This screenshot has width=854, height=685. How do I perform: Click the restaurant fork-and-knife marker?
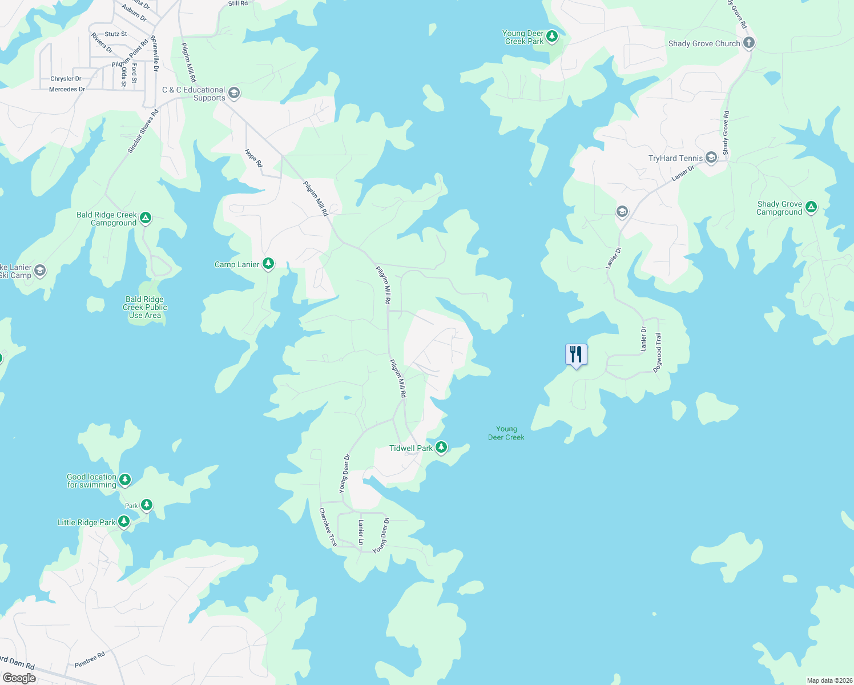(576, 354)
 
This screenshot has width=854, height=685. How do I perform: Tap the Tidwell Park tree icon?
(441, 448)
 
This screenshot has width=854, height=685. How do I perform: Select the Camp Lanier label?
(236, 264)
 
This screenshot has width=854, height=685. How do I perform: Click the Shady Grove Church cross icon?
(749, 43)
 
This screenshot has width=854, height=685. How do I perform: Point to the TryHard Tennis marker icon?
(711, 158)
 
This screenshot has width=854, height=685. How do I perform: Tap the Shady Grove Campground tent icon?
(811, 207)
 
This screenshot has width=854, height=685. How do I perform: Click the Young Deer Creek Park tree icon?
(551, 37)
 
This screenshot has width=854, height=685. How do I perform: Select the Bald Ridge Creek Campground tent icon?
(146, 217)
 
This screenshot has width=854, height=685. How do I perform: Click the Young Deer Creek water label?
(506, 433)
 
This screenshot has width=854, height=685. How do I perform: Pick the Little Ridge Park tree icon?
(123, 522)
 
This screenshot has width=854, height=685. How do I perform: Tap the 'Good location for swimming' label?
(91, 481)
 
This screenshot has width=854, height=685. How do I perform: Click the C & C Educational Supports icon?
(233, 93)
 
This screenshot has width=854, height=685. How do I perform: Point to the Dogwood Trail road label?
(658, 352)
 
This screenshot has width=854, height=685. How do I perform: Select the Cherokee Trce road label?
(328, 527)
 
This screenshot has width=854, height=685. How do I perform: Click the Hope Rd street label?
(253, 158)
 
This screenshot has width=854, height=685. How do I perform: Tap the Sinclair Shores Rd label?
(142, 131)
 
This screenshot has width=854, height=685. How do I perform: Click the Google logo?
(19, 678)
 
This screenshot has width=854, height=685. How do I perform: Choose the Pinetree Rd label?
(90, 659)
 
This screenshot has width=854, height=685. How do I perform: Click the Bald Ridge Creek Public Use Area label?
(145, 307)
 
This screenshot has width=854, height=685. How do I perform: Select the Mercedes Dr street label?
(67, 89)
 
